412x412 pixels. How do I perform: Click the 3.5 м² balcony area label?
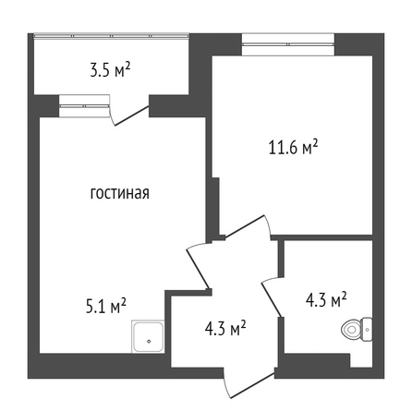[x=111, y=70]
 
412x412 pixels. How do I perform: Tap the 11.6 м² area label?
[x=294, y=147]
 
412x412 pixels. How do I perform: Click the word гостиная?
[x=120, y=193]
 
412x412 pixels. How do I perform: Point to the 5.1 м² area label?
[x=105, y=306]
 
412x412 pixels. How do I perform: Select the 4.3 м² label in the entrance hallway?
[x=225, y=329]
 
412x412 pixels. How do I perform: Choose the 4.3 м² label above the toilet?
[x=326, y=300]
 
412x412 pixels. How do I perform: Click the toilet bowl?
[x=351, y=330]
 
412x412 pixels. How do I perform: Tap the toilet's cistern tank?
[x=367, y=330]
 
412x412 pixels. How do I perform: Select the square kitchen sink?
[x=148, y=336]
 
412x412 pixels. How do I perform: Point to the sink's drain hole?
[x=149, y=341]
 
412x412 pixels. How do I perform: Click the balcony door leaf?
[x=132, y=115]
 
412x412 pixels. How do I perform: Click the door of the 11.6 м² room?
[x=245, y=226]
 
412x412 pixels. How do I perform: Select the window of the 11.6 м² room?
[x=288, y=44]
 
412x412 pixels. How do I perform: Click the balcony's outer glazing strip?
[x=111, y=36]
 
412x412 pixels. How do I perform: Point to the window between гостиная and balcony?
[x=84, y=106]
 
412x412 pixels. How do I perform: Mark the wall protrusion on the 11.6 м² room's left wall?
[x=216, y=206]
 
